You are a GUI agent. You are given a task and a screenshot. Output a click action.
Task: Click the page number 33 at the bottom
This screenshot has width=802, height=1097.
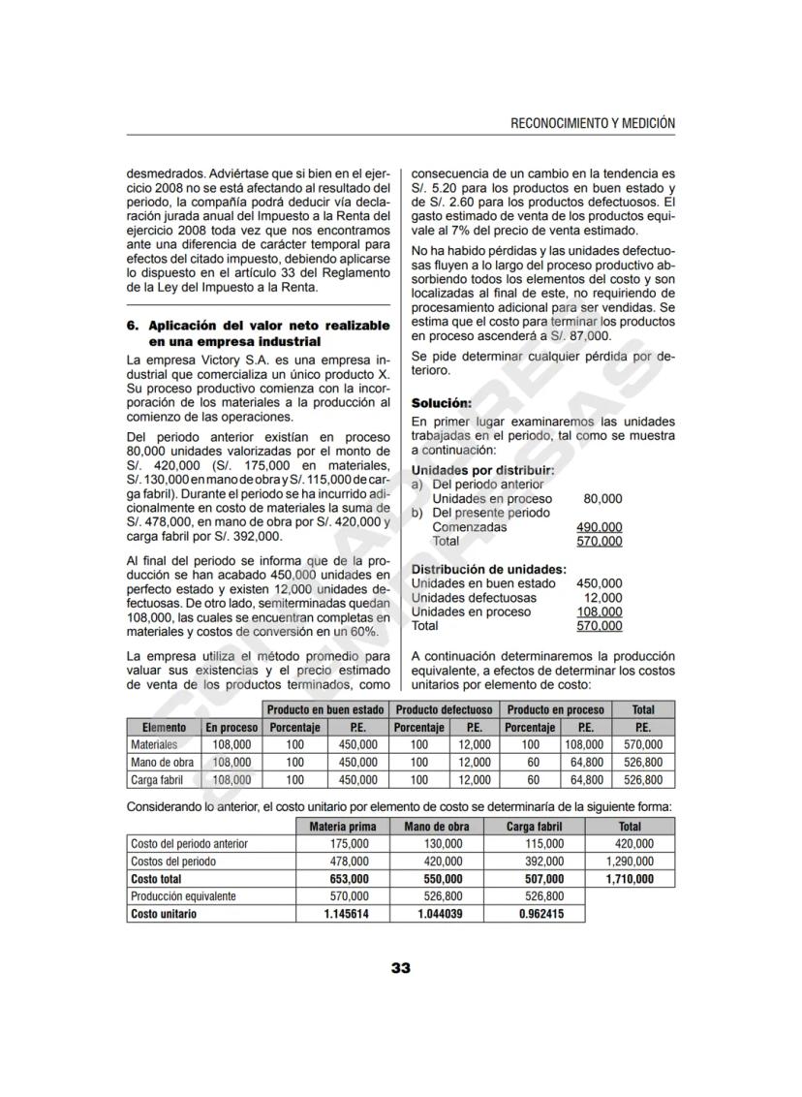[x=401, y=968]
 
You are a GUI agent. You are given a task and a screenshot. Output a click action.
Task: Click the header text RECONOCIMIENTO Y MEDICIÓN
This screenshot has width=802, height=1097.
[x=592, y=123]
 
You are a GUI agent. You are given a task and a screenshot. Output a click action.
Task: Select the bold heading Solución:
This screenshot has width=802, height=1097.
[x=442, y=402]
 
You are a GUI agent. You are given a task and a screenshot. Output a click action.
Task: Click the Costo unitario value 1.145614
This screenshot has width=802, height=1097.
[x=346, y=914]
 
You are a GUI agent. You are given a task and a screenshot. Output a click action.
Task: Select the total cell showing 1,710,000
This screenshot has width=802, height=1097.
[x=630, y=879]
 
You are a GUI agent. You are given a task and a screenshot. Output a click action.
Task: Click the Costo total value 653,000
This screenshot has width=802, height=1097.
[x=346, y=879]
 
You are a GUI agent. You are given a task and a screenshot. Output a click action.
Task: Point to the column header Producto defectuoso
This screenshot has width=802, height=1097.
[x=445, y=709]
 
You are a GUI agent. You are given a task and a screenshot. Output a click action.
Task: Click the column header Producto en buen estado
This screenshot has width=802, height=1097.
[x=325, y=709]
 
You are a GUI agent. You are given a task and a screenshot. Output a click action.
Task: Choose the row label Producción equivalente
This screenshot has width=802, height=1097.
[x=183, y=896]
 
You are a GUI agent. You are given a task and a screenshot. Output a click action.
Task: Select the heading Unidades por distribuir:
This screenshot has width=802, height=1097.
[x=482, y=470]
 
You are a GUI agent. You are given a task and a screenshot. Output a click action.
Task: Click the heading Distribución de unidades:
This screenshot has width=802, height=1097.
[x=488, y=569]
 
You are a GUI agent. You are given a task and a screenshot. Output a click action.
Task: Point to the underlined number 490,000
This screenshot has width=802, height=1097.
[x=599, y=527]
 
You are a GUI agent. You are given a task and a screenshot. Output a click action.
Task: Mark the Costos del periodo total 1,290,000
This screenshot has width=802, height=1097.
[x=630, y=862]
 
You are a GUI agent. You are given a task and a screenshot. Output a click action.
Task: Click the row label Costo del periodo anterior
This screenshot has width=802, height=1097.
[x=189, y=844]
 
